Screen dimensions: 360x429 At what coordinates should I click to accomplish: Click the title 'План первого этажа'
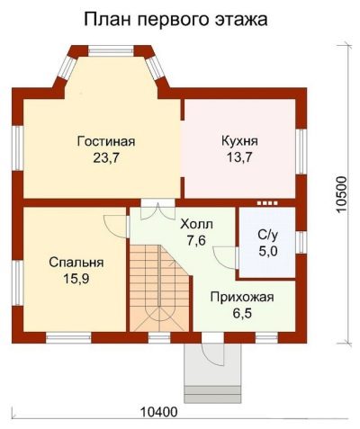(175, 20)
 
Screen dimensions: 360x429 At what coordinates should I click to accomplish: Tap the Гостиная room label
(106, 141)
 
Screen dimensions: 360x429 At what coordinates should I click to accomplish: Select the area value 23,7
(106, 158)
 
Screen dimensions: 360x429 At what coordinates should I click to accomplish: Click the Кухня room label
(239, 141)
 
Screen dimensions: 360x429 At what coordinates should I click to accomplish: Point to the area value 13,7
(239, 157)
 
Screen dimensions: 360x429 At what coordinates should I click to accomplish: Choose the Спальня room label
(76, 263)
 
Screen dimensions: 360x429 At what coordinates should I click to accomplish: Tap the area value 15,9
(76, 279)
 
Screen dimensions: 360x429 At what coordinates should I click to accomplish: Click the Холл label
(196, 224)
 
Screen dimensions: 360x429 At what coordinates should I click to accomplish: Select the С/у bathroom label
(268, 235)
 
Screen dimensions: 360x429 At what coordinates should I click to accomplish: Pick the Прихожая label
(242, 298)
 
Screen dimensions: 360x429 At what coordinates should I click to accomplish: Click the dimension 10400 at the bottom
(159, 412)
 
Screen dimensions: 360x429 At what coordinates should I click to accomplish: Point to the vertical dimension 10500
(341, 195)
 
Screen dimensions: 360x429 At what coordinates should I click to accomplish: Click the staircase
(159, 289)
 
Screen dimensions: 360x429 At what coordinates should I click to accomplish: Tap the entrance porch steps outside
(212, 394)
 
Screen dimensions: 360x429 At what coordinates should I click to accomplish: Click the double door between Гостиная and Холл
(158, 210)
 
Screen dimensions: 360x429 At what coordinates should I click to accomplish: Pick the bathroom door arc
(223, 258)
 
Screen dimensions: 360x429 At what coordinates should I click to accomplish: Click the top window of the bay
(111, 50)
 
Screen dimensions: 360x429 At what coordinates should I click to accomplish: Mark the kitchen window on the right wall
(301, 151)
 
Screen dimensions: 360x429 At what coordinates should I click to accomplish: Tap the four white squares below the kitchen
(267, 203)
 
